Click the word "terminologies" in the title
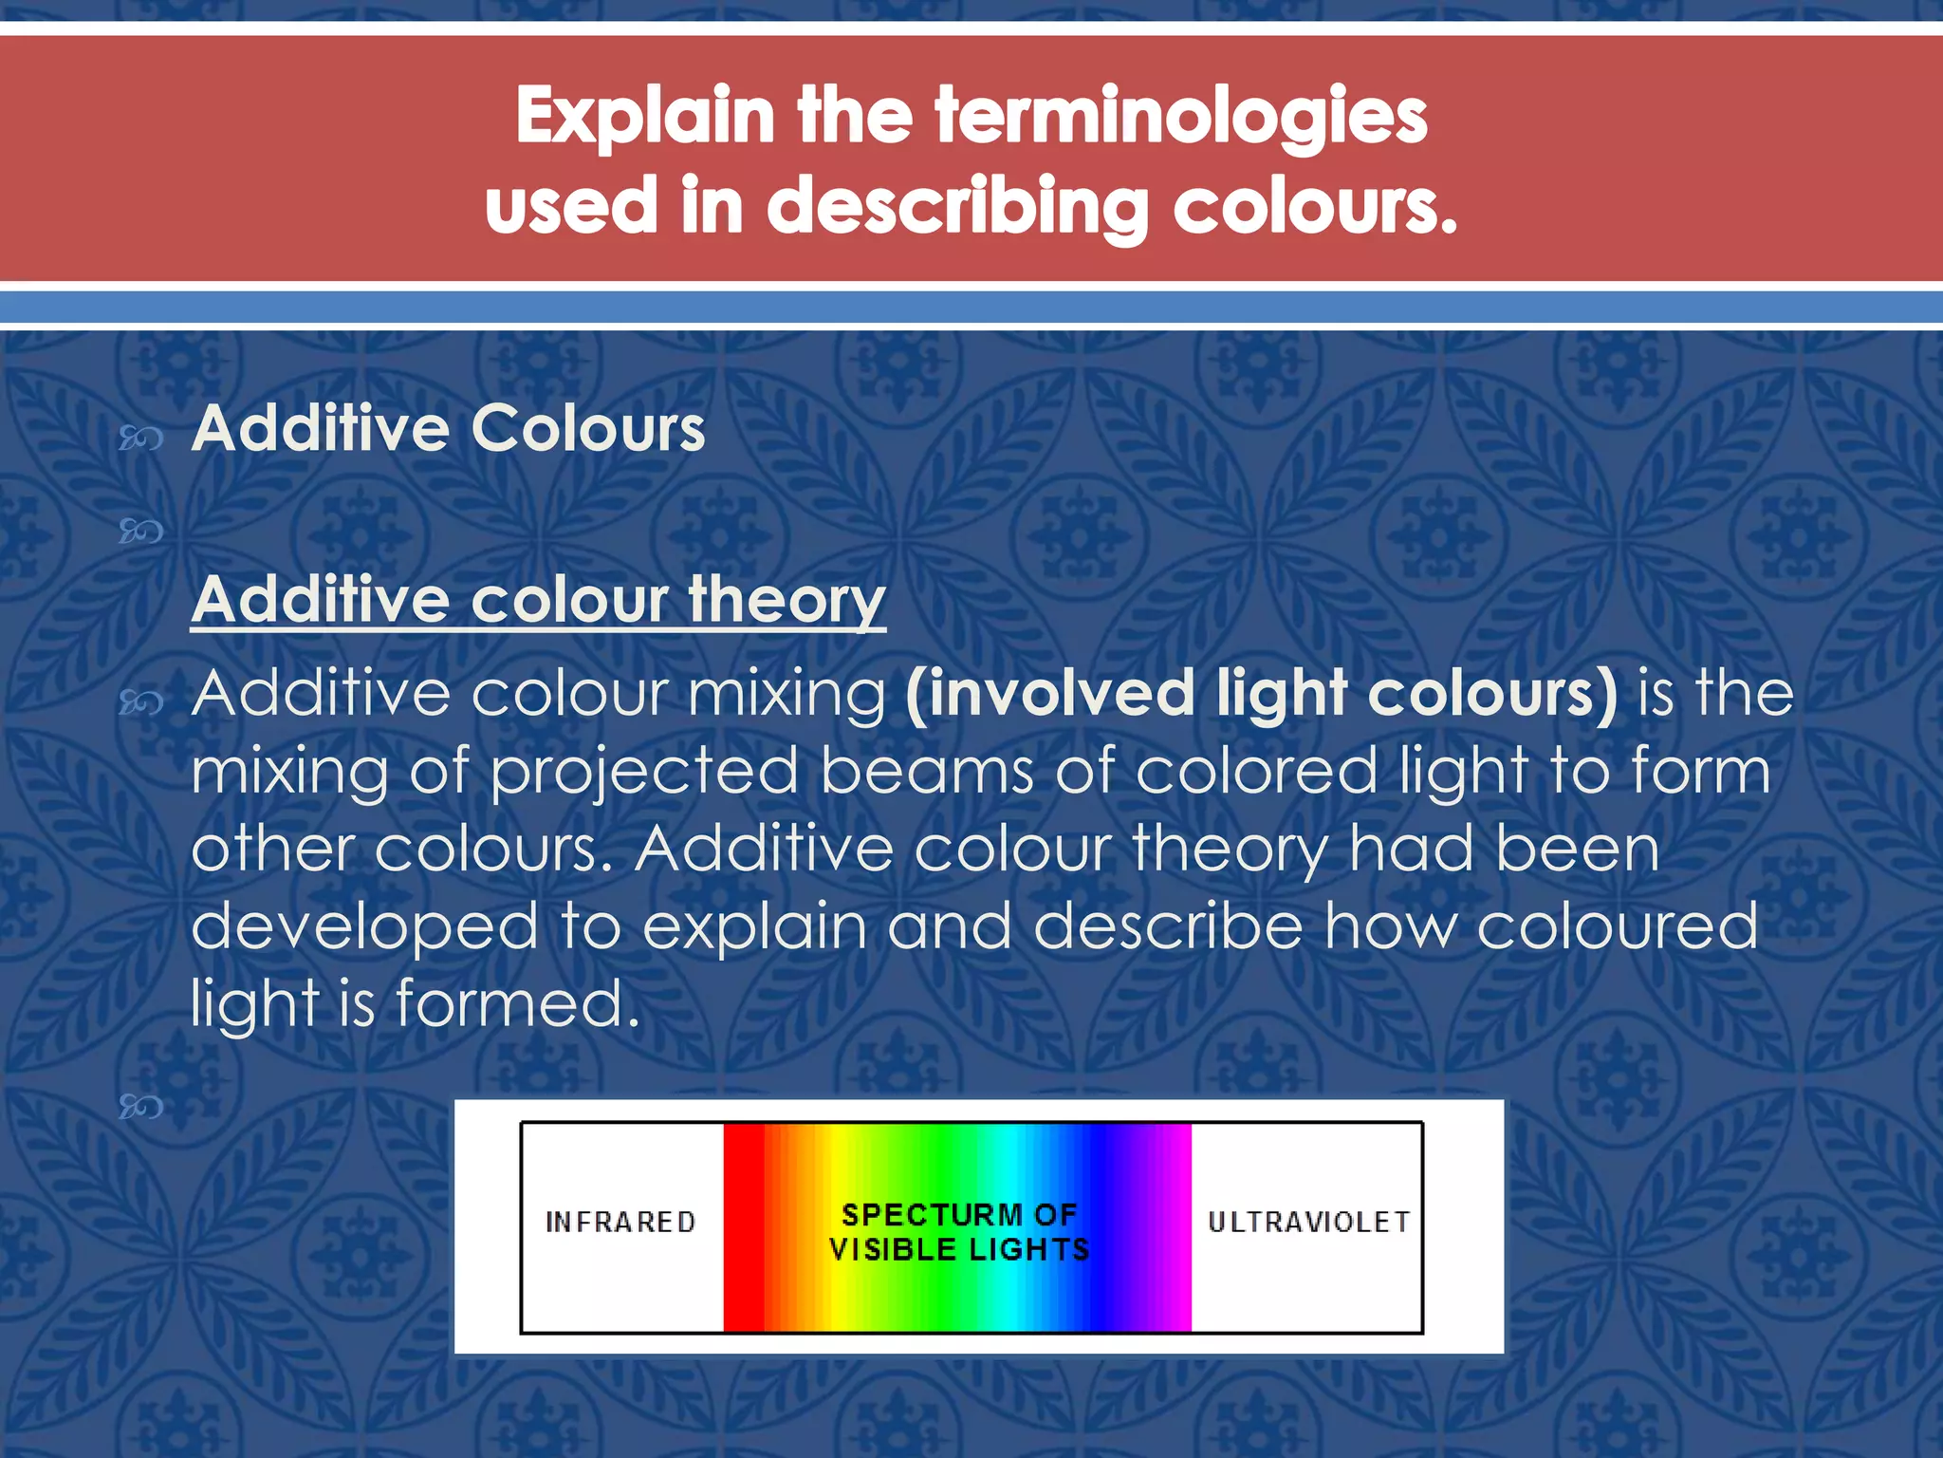click(x=1180, y=116)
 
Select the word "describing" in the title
click(x=957, y=206)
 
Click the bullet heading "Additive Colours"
click(x=448, y=428)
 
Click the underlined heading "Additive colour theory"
click(x=538, y=600)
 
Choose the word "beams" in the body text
click(x=927, y=771)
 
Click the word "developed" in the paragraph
click(x=364, y=926)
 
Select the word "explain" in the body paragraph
click(x=754, y=926)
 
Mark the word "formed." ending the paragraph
click(x=518, y=1003)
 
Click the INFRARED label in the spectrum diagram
click(x=620, y=1223)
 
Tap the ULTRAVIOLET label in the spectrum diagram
click(x=1308, y=1223)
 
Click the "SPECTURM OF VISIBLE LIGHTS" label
click(x=959, y=1232)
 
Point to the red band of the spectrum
click(x=744, y=1227)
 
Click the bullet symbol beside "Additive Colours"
click(x=140, y=438)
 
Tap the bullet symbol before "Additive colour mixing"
click(x=140, y=702)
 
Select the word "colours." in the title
click(x=1315, y=206)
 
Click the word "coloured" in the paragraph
click(x=1617, y=926)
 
